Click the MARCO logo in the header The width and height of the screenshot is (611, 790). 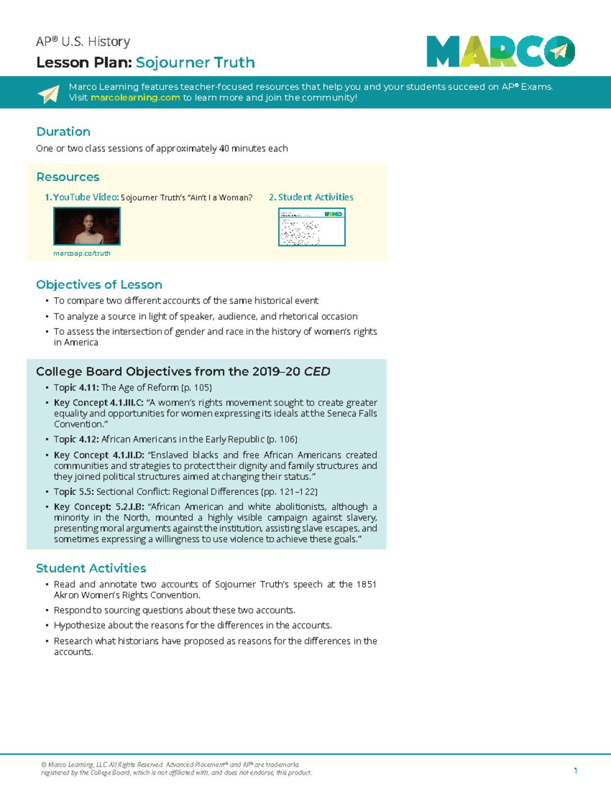pyautogui.click(x=501, y=51)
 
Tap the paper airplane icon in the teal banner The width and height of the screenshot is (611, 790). pyautogui.click(x=49, y=94)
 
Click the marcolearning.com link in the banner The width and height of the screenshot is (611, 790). pyautogui.click(x=135, y=98)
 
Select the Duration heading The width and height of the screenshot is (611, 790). pyautogui.click(x=63, y=132)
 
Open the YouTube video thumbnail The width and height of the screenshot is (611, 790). pyautogui.click(x=87, y=227)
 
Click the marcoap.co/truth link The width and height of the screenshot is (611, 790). pyautogui.click(x=82, y=253)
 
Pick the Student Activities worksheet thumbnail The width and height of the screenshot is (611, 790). pyautogui.click(x=312, y=227)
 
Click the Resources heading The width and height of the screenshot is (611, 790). pyautogui.click(x=68, y=177)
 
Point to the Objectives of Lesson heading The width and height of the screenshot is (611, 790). pyautogui.click(x=99, y=285)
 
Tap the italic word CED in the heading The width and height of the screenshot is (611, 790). pyautogui.click(x=317, y=372)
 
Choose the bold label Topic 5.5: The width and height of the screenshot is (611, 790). pyautogui.click(x=74, y=492)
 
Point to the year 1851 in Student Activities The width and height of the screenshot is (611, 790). pyautogui.click(x=366, y=584)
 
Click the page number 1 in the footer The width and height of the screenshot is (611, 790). pyautogui.click(x=575, y=771)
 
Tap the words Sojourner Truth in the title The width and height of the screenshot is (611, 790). pyautogui.click(x=196, y=63)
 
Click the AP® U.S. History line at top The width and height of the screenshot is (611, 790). pyautogui.click(x=83, y=42)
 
